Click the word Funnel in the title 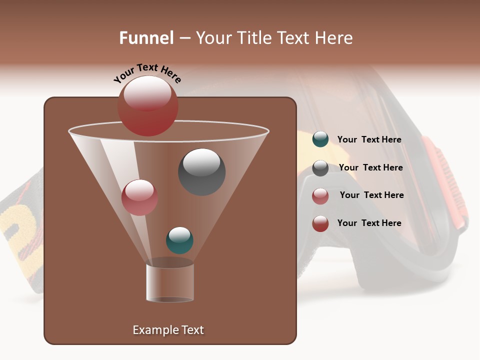pos(146,38)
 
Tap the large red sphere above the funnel pos(147,105)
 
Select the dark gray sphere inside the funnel pos(201,171)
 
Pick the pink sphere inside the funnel pos(139,197)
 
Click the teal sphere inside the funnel pos(179,240)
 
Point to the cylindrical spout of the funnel pos(169,282)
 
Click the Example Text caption pos(168,330)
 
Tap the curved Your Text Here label pos(147,73)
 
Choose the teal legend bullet pos(320,139)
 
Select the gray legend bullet pos(320,168)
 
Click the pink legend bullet pos(320,196)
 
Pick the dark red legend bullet pos(320,223)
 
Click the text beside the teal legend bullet pos(369,139)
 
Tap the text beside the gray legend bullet pos(370,167)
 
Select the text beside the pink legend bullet pos(371,195)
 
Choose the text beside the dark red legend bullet pos(369,223)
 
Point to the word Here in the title pos(334,38)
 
